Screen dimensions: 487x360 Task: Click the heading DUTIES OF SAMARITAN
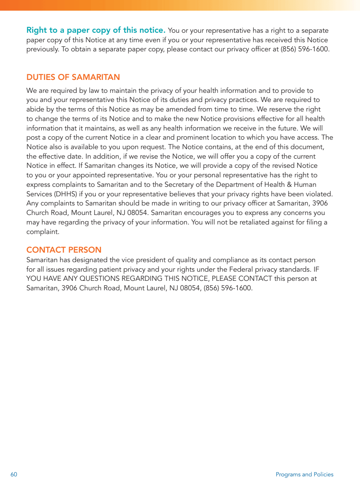click(x=73, y=77)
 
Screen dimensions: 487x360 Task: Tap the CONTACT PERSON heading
click(x=64, y=250)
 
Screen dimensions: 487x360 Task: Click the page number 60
click(x=14, y=474)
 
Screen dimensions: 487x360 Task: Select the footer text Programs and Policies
click(x=304, y=474)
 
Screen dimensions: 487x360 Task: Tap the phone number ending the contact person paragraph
click(x=228, y=288)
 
